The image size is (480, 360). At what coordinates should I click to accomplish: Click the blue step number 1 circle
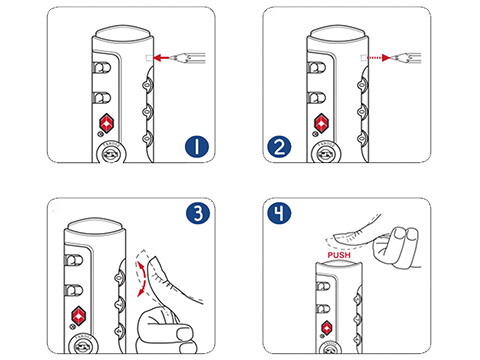pos(197,147)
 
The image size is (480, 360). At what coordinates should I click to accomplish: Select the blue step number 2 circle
pos(279,147)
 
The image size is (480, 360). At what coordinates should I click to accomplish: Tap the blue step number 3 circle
pos(198,213)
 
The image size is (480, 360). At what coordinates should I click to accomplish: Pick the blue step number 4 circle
pos(279,213)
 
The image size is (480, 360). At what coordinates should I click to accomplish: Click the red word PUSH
pos(339,255)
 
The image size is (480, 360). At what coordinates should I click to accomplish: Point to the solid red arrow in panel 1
pos(161,58)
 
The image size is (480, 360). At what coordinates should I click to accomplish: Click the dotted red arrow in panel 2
pos(378,58)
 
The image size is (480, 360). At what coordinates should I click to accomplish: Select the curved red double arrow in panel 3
pos(141,279)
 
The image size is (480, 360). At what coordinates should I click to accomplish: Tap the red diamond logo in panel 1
pos(106,123)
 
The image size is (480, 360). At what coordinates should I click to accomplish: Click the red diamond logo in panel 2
pos(321,123)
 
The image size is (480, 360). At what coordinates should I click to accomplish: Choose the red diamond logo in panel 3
pos(78,316)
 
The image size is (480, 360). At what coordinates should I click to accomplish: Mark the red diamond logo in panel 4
pos(326,328)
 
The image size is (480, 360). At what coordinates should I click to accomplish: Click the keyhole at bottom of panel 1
pos(110,154)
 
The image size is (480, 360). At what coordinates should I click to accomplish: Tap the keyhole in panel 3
pos(82,347)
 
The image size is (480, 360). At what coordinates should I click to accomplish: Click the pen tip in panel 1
pos(172,58)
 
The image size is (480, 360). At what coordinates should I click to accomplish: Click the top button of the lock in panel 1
pos(123,34)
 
